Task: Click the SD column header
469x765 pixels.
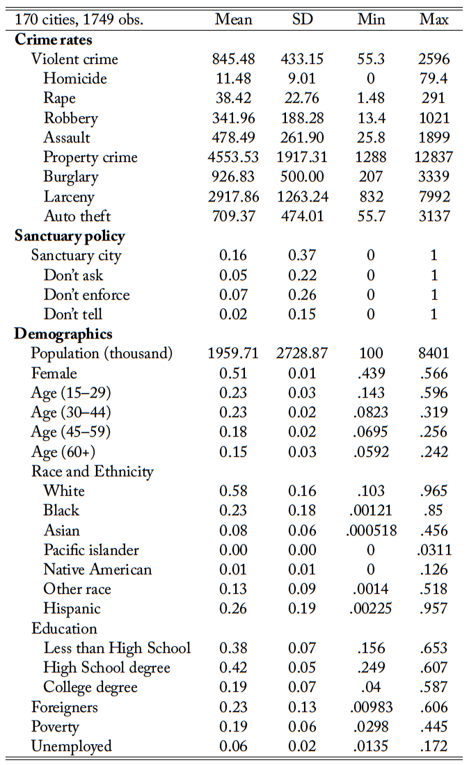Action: (x=302, y=19)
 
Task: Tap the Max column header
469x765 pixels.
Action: (x=434, y=19)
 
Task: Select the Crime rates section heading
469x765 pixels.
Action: (x=53, y=39)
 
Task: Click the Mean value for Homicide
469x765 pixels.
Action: (x=233, y=78)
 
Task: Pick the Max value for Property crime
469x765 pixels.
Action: (x=434, y=156)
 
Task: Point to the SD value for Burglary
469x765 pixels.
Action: (x=302, y=176)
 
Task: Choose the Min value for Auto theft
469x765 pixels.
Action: (x=371, y=216)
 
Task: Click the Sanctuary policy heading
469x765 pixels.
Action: (x=70, y=236)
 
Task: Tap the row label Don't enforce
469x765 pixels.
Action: (x=86, y=294)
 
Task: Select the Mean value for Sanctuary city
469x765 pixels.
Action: (x=233, y=255)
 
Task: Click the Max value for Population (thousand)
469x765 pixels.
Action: (x=434, y=353)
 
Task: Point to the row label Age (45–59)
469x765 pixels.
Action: (x=71, y=432)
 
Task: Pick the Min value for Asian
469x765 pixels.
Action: (x=371, y=530)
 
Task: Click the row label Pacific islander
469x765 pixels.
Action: (x=91, y=549)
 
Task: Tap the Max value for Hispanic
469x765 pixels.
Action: (x=434, y=608)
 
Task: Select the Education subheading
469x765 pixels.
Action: (x=64, y=628)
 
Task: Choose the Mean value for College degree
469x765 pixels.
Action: (x=233, y=686)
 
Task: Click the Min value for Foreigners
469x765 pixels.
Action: (x=371, y=707)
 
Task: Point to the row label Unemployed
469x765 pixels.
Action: (x=71, y=746)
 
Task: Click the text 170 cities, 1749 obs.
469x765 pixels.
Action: (x=79, y=19)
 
